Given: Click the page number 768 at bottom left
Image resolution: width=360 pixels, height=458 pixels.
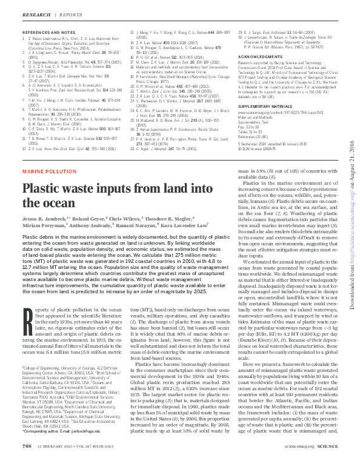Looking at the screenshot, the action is pyautogui.click(x=26, y=446).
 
